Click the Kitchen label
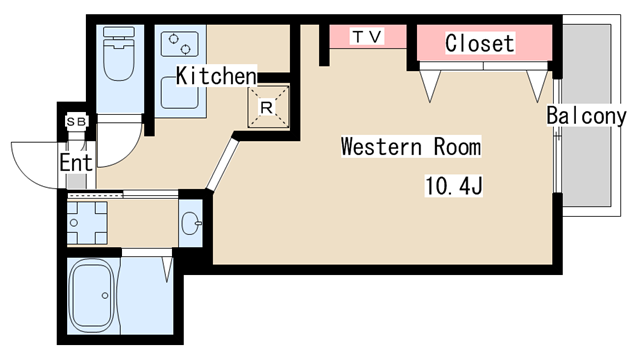pyautogui.click(x=216, y=76)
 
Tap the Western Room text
pyautogui.click(x=411, y=147)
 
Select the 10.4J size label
pyautogui.click(x=453, y=186)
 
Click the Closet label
pyautogui.click(x=480, y=43)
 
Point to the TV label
pyautogui.click(x=367, y=37)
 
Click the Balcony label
pyautogui.click(x=586, y=116)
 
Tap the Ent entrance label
pyautogui.click(x=76, y=162)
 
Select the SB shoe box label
pyautogui.click(x=76, y=121)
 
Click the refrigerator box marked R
pyautogui.click(x=268, y=107)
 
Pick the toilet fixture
pyautogui.click(x=119, y=53)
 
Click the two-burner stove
pyautogui.click(x=180, y=44)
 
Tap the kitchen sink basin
pyautogui.click(x=180, y=93)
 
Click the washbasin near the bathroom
pyautogui.click(x=191, y=223)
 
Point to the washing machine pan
pyautogui.click(x=87, y=223)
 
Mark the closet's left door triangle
pyautogui.click(x=430, y=86)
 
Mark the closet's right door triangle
pyautogui.click(x=537, y=86)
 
